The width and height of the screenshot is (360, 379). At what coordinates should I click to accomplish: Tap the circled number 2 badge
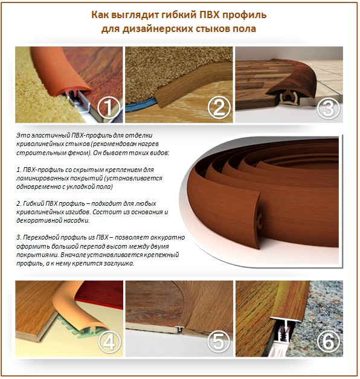click(219, 108)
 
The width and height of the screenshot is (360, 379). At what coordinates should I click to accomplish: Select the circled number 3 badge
click(329, 109)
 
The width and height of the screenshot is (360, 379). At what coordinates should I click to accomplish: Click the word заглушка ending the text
click(117, 264)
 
